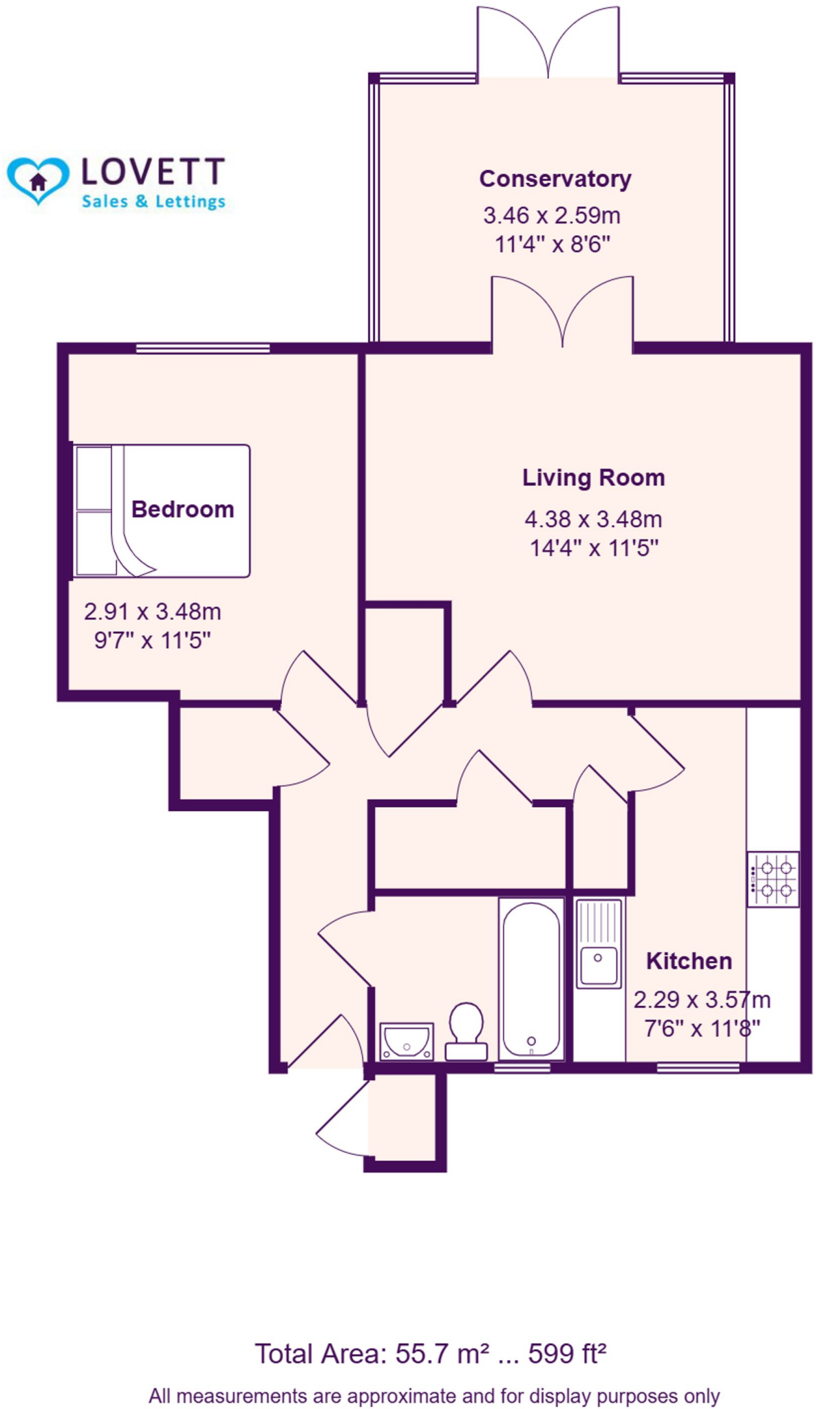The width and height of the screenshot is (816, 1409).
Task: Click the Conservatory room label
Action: click(555, 179)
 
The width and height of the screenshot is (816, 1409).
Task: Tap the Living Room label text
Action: click(593, 477)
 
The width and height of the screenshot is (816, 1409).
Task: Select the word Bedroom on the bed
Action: click(182, 509)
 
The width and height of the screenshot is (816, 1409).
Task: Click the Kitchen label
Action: click(689, 961)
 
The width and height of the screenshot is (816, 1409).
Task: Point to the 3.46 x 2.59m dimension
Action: click(552, 215)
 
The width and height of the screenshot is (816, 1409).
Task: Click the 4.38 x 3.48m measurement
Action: click(593, 519)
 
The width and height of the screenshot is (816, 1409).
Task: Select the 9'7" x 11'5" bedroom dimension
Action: click(152, 641)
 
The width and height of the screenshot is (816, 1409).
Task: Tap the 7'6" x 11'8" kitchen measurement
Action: click(702, 1029)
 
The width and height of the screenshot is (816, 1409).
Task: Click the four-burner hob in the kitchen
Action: click(773, 879)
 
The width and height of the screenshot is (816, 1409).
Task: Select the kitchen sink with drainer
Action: click(599, 943)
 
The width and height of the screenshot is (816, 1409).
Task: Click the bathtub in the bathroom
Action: click(530, 978)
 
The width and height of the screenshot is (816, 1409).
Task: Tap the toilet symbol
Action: click(466, 1031)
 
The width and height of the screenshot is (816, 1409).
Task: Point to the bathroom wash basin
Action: click(407, 1041)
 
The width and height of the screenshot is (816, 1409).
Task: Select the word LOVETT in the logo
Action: click(153, 172)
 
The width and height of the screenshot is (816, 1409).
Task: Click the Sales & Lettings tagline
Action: click(153, 202)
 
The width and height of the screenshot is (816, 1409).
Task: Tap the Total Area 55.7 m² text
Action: click(372, 1354)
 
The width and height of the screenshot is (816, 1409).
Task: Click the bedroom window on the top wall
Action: click(202, 349)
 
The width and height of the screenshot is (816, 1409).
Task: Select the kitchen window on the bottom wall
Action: click(698, 1068)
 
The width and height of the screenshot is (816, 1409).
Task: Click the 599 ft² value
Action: click(567, 1354)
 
